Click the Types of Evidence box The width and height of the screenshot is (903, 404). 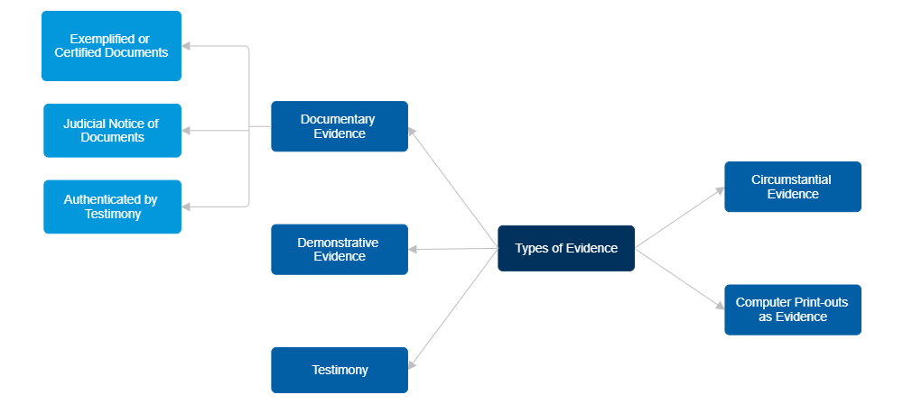tap(566, 248)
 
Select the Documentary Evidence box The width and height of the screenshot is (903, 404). tap(340, 126)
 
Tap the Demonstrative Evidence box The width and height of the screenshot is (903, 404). tap(340, 249)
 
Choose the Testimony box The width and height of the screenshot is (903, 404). tap(340, 370)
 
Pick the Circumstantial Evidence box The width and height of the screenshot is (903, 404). tap(792, 187)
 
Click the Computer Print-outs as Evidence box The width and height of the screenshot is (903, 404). tap(792, 309)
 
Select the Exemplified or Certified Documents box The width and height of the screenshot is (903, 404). tap(112, 45)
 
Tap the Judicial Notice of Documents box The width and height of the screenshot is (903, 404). tap(112, 131)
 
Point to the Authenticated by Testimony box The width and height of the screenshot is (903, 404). tap(112, 207)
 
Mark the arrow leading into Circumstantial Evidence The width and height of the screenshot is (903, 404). tap(679, 217)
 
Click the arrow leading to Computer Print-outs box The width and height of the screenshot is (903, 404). tap(679, 278)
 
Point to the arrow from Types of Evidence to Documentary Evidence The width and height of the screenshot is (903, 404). tap(453, 188)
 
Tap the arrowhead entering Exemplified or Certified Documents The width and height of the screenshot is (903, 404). tap(187, 45)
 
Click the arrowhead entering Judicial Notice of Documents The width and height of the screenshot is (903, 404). tap(187, 131)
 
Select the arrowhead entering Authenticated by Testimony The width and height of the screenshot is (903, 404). tap(187, 207)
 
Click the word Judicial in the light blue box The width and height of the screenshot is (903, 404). tap(84, 124)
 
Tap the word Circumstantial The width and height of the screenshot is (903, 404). tap(791, 179)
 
